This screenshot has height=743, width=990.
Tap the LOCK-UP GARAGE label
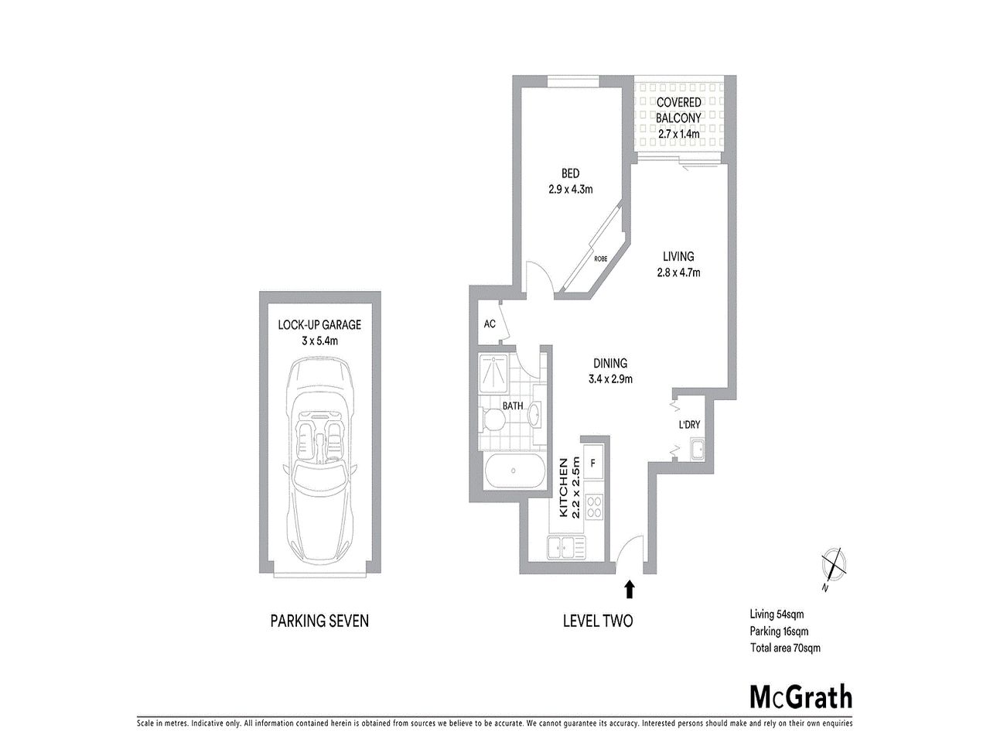[x=319, y=325]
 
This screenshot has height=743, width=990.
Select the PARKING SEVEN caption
[x=319, y=620]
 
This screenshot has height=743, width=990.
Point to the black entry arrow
[x=630, y=590]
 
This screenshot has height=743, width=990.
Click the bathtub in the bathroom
[x=510, y=472]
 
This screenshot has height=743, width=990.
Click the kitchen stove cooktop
[x=594, y=507]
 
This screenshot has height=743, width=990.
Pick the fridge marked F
[x=593, y=464]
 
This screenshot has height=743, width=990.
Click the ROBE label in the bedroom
[x=600, y=259]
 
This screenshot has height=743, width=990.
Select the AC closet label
[x=489, y=324]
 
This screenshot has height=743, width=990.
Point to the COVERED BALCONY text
[x=678, y=110]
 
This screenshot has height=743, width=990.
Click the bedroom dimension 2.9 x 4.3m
[x=571, y=189]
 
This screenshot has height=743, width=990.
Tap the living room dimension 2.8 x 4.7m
[x=678, y=272]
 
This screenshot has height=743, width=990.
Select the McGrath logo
[x=801, y=696]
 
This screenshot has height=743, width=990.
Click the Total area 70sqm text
[x=784, y=648]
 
